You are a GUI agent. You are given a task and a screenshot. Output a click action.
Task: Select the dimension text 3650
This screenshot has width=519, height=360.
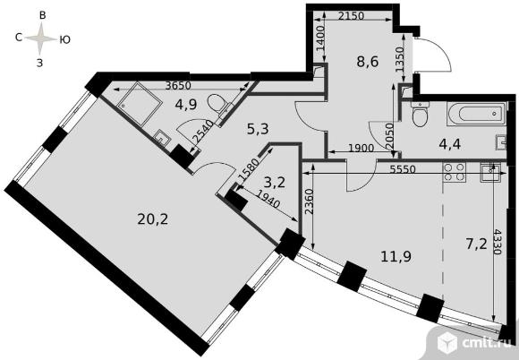point(173,87)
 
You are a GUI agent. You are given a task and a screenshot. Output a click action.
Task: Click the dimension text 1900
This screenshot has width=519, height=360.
point(356,149)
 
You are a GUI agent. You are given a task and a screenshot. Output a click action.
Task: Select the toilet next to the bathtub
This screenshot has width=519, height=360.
point(419,115)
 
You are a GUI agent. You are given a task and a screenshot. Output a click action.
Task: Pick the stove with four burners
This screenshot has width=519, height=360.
point(454,175)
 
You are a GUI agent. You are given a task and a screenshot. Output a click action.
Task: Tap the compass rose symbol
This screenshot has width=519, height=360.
point(39,39)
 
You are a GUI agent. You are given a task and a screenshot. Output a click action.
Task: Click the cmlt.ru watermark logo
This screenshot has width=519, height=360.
point(473,342)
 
